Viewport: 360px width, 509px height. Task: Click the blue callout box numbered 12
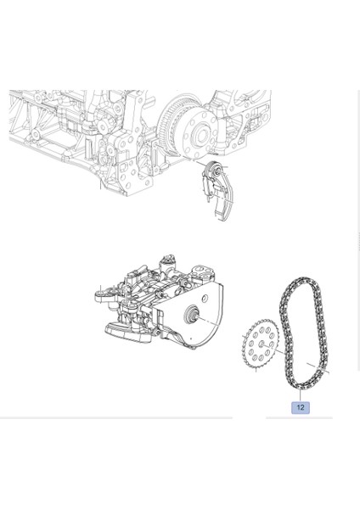pos(301,407)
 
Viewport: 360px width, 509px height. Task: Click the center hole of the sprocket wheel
pos(262,344)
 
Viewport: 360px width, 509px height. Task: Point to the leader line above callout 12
pos(301,395)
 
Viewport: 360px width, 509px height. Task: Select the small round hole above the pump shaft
pos(205,298)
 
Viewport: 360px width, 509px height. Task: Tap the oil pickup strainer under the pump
pos(127,333)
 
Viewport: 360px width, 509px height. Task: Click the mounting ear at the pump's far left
pos(101,296)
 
